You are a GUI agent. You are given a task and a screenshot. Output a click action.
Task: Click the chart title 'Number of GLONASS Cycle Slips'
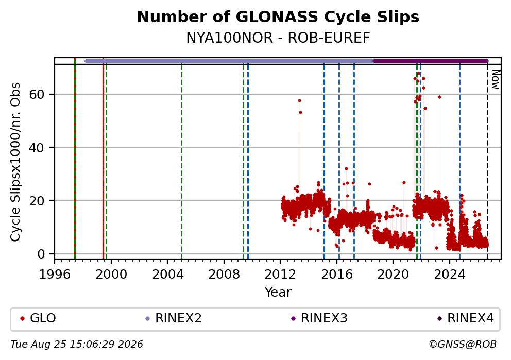pyautogui.click(x=278, y=17)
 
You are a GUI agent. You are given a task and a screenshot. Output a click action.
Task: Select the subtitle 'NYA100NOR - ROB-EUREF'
pyautogui.click(x=278, y=38)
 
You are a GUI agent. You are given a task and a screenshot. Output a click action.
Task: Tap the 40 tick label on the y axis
pyautogui.click(x=37, y=148)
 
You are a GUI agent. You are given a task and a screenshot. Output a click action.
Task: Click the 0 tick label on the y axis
pyautogui.click(x=41, y=254)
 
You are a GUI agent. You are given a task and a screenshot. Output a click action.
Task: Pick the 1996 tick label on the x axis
pyautogui.click(x=55, y=275)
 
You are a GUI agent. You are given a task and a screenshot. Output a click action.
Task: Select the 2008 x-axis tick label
pyautogui.click(x=224, y=275)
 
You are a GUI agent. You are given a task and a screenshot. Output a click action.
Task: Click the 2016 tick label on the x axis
pyautogui.click(x=337, y=275)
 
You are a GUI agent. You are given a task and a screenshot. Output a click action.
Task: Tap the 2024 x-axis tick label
pyautogui.click(x=450, y=275)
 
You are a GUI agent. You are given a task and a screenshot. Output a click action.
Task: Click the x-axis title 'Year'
pyautogui.click(x=278, y=292)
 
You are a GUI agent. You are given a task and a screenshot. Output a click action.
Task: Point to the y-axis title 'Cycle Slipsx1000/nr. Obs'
pyautogui.click(x=15, y=162)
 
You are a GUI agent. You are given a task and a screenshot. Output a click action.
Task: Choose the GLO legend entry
pyautogui.click(x=38, y=318)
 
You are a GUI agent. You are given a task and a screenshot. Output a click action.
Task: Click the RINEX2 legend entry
pyautogui.click(x=174, y=318)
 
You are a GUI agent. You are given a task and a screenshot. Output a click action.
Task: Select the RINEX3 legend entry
pyautogui.click(x=319, y=318)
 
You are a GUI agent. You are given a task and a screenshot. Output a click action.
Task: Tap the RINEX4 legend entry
pyautogui.click(x=466, y=318)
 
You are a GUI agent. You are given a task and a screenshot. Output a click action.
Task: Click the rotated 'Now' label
pyautogui.click(x=496, y=79)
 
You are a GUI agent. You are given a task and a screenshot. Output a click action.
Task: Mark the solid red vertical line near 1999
pyautogui.click(x=104, y=158)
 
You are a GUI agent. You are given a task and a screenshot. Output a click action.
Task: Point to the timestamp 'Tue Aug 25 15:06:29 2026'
pyautogui.click(x=77, y=345)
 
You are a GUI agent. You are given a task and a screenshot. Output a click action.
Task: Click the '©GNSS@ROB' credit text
pyautogui.click(x=463, y=345)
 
